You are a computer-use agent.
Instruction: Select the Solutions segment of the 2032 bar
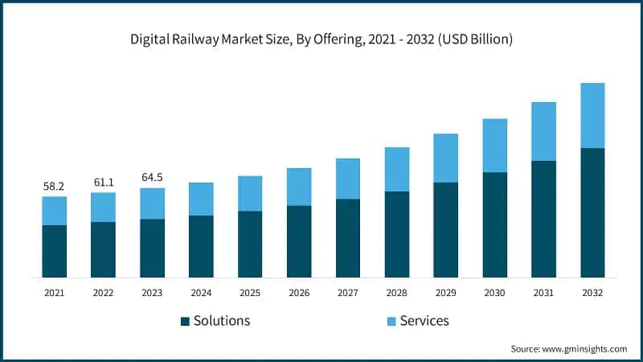[x=592, y=213]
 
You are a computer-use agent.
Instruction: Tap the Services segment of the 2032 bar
[x=592, y=115]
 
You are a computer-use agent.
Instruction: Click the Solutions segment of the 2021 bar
[x=54, y=251]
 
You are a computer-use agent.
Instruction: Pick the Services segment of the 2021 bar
[x=54, y=211]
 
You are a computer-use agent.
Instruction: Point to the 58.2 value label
[x=54, y=187]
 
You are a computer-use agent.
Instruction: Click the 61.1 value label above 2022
[x=103, y=183]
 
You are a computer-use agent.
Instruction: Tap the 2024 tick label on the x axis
[x=201, y=293]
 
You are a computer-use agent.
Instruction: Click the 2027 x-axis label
[x=348, y=293]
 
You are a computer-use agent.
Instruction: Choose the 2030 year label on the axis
[x=494, y=293]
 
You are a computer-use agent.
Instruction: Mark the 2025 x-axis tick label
[x=250, y=293]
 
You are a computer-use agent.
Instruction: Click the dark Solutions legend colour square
[x=185, y=321]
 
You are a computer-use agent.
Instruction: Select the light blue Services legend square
[x=391, y=321]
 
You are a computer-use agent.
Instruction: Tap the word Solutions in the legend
[x=222, y=321]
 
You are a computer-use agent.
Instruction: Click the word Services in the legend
[x=424, y=321]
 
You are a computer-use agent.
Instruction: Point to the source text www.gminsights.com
[x=568, y=348]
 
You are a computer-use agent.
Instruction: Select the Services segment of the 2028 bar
[x=397, y=169]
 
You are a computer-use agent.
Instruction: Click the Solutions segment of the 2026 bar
[x=299, y=241]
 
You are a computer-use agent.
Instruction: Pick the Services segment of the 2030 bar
[x=494, y=146]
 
